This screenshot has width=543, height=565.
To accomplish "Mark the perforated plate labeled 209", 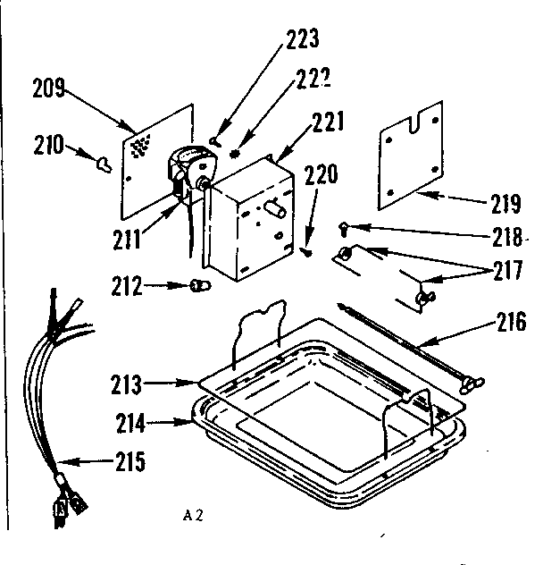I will tap(156, 161).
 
